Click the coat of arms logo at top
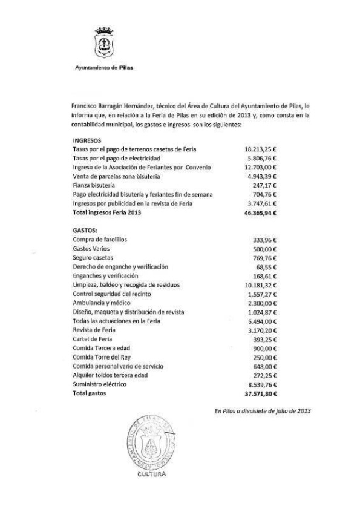(105, 44)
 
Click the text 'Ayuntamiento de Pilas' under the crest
(100, 68)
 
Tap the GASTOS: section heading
(85, 231)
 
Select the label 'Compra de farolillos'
(100, 240)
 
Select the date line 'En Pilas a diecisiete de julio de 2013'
(263, 411)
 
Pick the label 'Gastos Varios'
(91, 249)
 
